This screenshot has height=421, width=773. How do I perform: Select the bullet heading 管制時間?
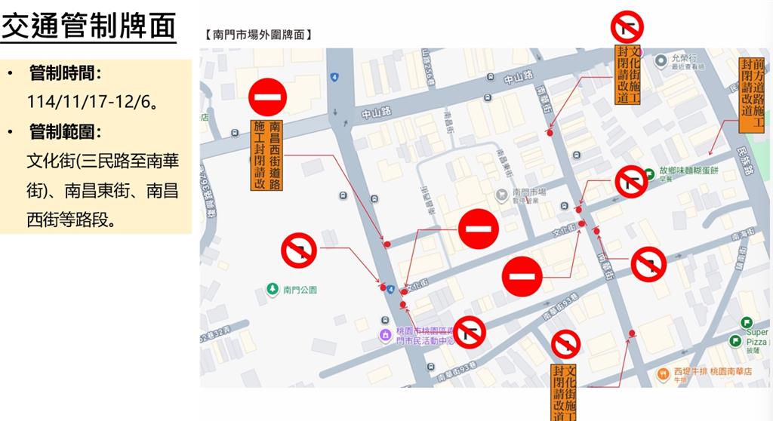65,73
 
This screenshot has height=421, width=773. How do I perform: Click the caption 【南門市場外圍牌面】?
257,34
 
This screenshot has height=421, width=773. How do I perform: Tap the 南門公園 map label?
300,289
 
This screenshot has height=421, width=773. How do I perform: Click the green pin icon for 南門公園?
273,288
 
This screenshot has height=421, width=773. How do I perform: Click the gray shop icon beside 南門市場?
501,195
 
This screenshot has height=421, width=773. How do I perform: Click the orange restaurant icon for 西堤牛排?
662,372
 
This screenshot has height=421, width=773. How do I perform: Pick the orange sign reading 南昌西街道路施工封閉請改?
268,155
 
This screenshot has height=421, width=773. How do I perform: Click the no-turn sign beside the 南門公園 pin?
299,250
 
